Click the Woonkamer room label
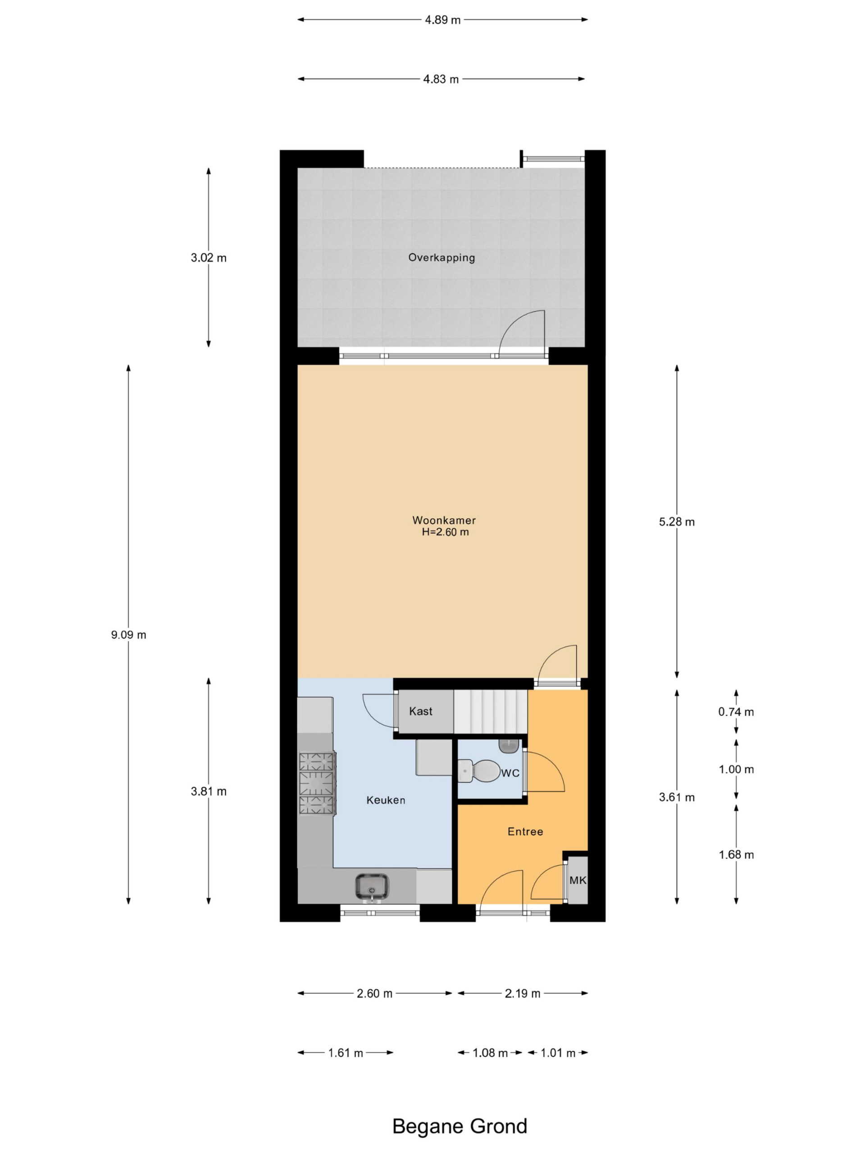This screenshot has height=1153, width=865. point(444,520)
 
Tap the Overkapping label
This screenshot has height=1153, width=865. point(442,258)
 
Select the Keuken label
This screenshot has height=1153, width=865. point(386,800)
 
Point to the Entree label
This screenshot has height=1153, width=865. point(525,831)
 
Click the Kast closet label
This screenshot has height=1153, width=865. point(421,711)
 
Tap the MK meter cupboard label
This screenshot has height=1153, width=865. point(578,881)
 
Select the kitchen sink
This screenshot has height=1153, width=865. point(372,887)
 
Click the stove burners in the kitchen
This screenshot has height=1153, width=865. point(316,783)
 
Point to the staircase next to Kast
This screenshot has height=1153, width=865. point(491,712)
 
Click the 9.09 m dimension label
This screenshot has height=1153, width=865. point(129,635)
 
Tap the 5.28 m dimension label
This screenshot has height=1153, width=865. point(677,522)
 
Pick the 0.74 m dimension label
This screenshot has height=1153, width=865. point(736,712)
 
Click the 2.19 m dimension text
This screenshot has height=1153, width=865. point(523,994)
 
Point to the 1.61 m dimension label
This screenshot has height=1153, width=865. point(346,1053)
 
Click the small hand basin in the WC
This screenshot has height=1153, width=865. point(508,745)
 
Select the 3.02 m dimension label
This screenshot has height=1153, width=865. point(209,258)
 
